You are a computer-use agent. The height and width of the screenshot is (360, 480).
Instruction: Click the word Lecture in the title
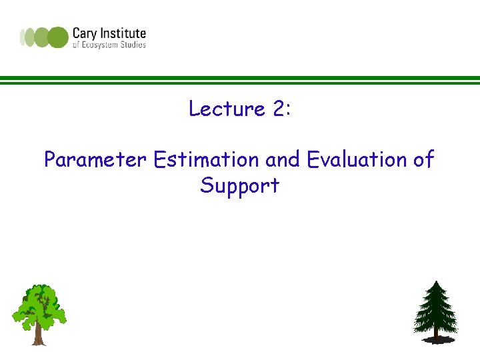pos(227,108)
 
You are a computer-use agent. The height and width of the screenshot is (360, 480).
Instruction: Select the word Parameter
pos(95,159)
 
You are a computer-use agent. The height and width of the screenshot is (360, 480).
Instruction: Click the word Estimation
pos(206,159)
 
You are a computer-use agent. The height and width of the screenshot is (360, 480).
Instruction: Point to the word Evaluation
pos(357,159)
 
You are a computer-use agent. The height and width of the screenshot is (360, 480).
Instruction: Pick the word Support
pos(240,186)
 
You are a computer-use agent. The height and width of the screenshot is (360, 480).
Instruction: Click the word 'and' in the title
pos(283,159)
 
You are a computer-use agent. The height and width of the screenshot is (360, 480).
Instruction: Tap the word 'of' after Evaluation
pos(424,159)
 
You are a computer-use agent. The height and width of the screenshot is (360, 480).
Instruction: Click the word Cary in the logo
pos(85,34)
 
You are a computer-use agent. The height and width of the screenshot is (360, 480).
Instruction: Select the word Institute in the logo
pos(123,33)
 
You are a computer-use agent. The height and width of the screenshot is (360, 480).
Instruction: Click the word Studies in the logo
pos(133,45)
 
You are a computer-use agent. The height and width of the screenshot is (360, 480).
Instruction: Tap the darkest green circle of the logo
pos(58,37)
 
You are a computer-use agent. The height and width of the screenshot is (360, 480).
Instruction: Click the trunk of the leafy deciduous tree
pos(39,334)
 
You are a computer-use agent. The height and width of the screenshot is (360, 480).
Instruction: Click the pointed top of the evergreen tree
pos(436,281)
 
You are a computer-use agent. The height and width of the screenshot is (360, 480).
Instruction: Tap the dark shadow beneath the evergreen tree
pos(437,339)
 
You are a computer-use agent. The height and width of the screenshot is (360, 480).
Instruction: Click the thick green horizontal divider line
pos(240,78)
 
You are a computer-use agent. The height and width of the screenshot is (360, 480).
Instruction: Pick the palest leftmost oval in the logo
pos(23,37)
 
